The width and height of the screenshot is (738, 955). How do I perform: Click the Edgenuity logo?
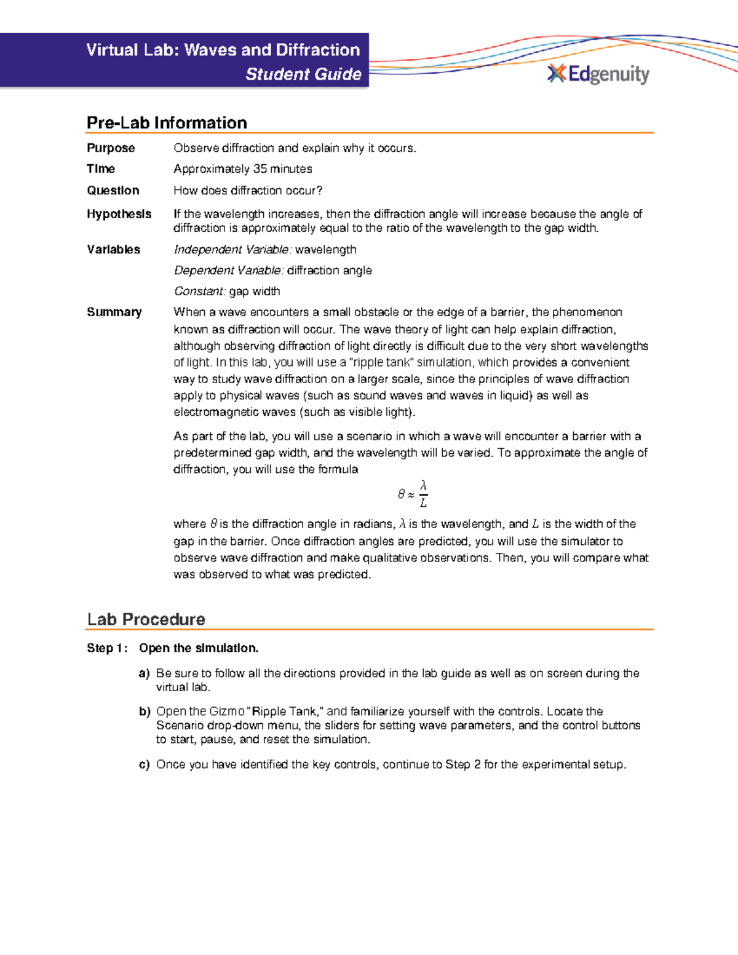point(598,74)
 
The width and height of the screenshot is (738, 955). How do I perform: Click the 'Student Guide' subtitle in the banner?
point(303,74)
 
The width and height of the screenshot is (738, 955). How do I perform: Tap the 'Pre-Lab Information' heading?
point(167,122)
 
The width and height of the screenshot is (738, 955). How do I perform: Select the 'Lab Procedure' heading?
point(146,619)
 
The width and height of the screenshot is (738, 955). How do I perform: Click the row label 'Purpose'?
point(111,148)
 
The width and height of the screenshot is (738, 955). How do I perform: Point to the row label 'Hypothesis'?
point(119,214)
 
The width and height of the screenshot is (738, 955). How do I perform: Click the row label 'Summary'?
point(114,312)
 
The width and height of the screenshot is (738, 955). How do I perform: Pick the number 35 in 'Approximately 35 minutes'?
point(260,168)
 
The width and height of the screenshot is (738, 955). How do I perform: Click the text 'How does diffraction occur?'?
point(248,191)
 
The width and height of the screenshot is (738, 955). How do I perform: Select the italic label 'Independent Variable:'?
point(232,249)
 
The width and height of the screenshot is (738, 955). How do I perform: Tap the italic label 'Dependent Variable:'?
point(229,271)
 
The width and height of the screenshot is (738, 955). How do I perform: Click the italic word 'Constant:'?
point(200,291)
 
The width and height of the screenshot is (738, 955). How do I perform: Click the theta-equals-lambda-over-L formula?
point(413,494)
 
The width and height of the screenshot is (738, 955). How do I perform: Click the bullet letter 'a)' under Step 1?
point(144,673)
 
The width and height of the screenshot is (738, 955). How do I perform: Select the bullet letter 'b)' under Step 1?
point(144,711)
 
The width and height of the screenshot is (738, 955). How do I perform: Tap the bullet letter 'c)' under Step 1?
point(144,764)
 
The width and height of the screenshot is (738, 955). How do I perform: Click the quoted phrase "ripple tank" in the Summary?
point(381,363)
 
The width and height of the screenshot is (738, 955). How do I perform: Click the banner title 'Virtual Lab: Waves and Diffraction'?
point(223,50)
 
